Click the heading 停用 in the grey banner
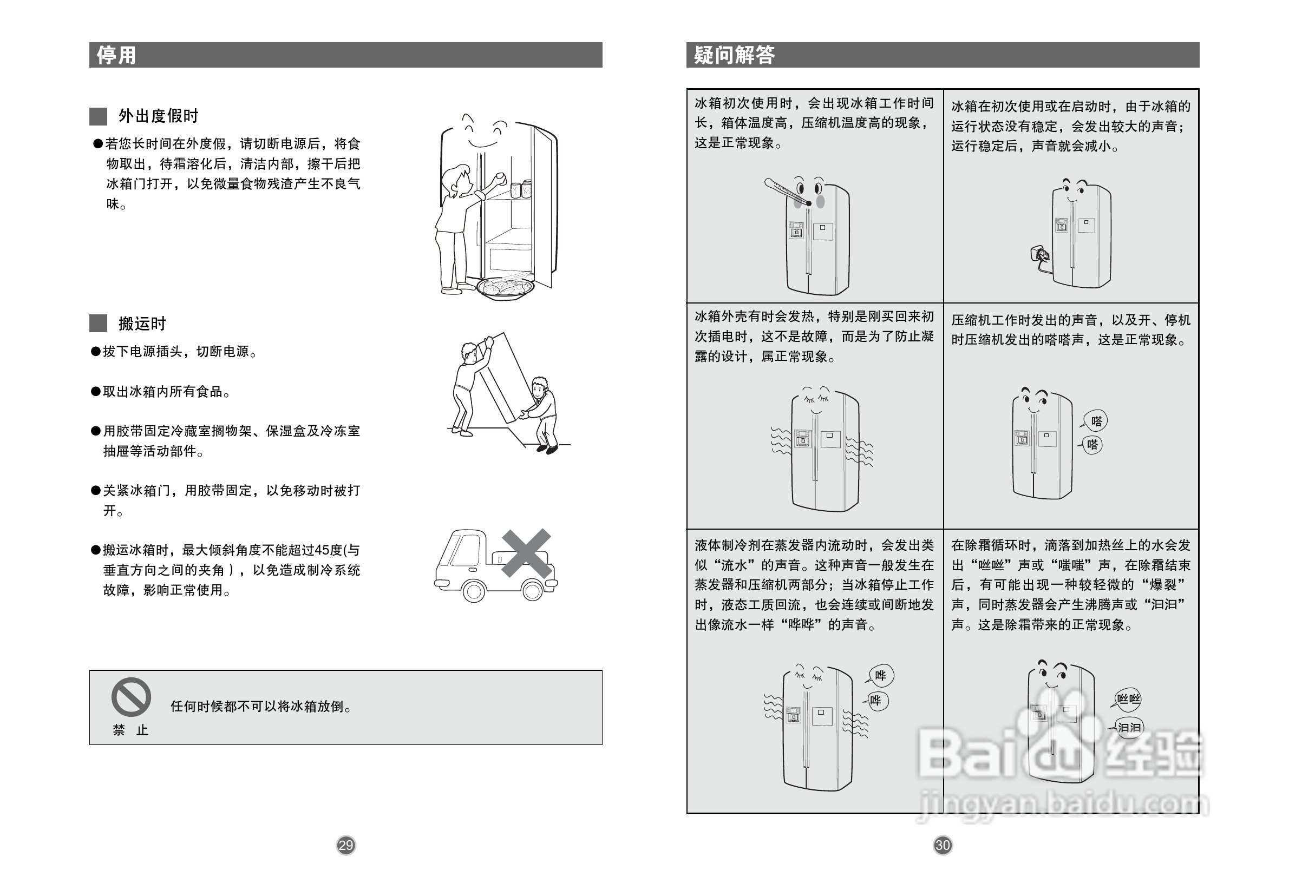[x=116, y=55]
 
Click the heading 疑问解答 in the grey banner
[x=733, y=55]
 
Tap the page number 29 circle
[x=345, y=845]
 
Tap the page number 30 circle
[x=943, y=845]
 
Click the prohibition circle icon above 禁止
[x=131, y=697]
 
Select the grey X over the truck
[x=526, y=553]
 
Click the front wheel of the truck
[x=474, y=591]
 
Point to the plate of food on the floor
[x=505, y=288]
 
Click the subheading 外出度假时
[x=158, y=116]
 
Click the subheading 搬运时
[x=142, y=323]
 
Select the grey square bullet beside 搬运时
[x=98, y=323]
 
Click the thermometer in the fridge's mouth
[x=787, y=192]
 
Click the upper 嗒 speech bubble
[x=1096, y=421]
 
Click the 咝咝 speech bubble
[x=1128, y=698]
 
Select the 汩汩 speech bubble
[x=1129, y=727]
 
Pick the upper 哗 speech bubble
[x=881, y=675]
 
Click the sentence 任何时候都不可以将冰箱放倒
[x=261, y=706]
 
